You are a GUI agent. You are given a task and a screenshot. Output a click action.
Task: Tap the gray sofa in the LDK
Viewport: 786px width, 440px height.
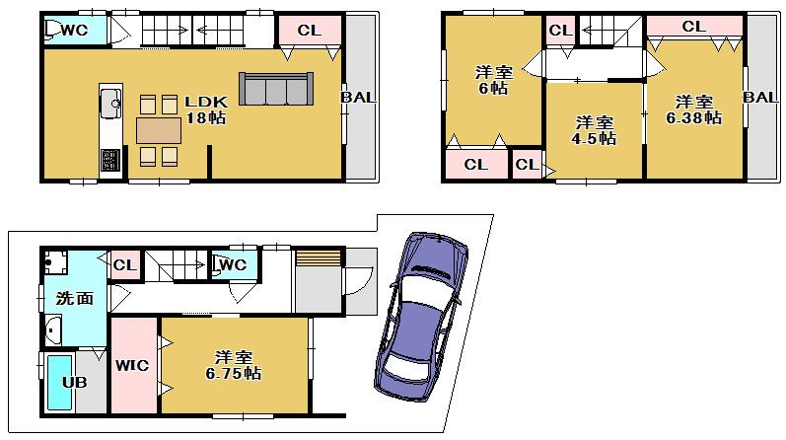click(275, 89)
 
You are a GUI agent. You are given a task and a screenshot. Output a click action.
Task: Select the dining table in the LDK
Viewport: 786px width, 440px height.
click(159, 130)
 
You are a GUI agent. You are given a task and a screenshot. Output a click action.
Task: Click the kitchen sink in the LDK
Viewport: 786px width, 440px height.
click(109, 101)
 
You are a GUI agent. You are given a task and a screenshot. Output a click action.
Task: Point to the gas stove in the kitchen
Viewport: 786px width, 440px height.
click(109, 158)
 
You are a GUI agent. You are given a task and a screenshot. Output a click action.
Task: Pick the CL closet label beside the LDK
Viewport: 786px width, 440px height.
click(309, 31)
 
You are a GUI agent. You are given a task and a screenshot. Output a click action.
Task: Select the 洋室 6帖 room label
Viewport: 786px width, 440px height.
click(491, 80)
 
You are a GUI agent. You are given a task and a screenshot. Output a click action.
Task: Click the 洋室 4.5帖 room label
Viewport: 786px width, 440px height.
click(595, 130)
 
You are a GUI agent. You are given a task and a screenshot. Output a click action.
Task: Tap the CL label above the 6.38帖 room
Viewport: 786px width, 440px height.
click(693, 27)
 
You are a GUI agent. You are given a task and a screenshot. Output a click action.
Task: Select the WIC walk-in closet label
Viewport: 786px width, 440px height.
click(132, 366)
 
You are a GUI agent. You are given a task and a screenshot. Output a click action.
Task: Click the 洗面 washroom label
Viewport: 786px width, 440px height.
click(73, 297)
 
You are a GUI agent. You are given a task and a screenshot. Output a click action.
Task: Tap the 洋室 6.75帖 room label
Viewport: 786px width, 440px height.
click(234, 365)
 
